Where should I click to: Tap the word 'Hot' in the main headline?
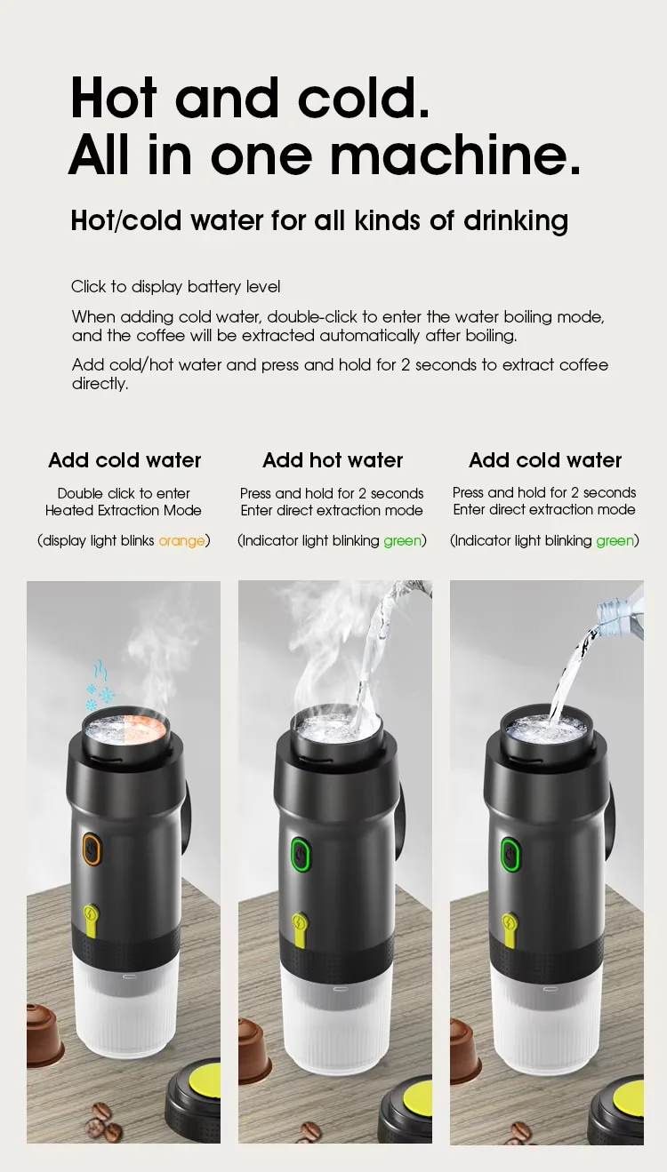tap(114, 98)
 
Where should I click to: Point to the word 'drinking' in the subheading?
tap(516, 220)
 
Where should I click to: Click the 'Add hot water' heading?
tap(333, 460)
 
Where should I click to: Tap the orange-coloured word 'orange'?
tap(181, 541)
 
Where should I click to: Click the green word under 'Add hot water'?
tap(403, 541)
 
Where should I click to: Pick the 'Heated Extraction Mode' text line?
tap(123, 510)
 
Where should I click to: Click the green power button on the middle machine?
tap(301, 855)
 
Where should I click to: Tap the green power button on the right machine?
tap(510, 855)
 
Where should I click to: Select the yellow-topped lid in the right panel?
tap(616, 1112)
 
